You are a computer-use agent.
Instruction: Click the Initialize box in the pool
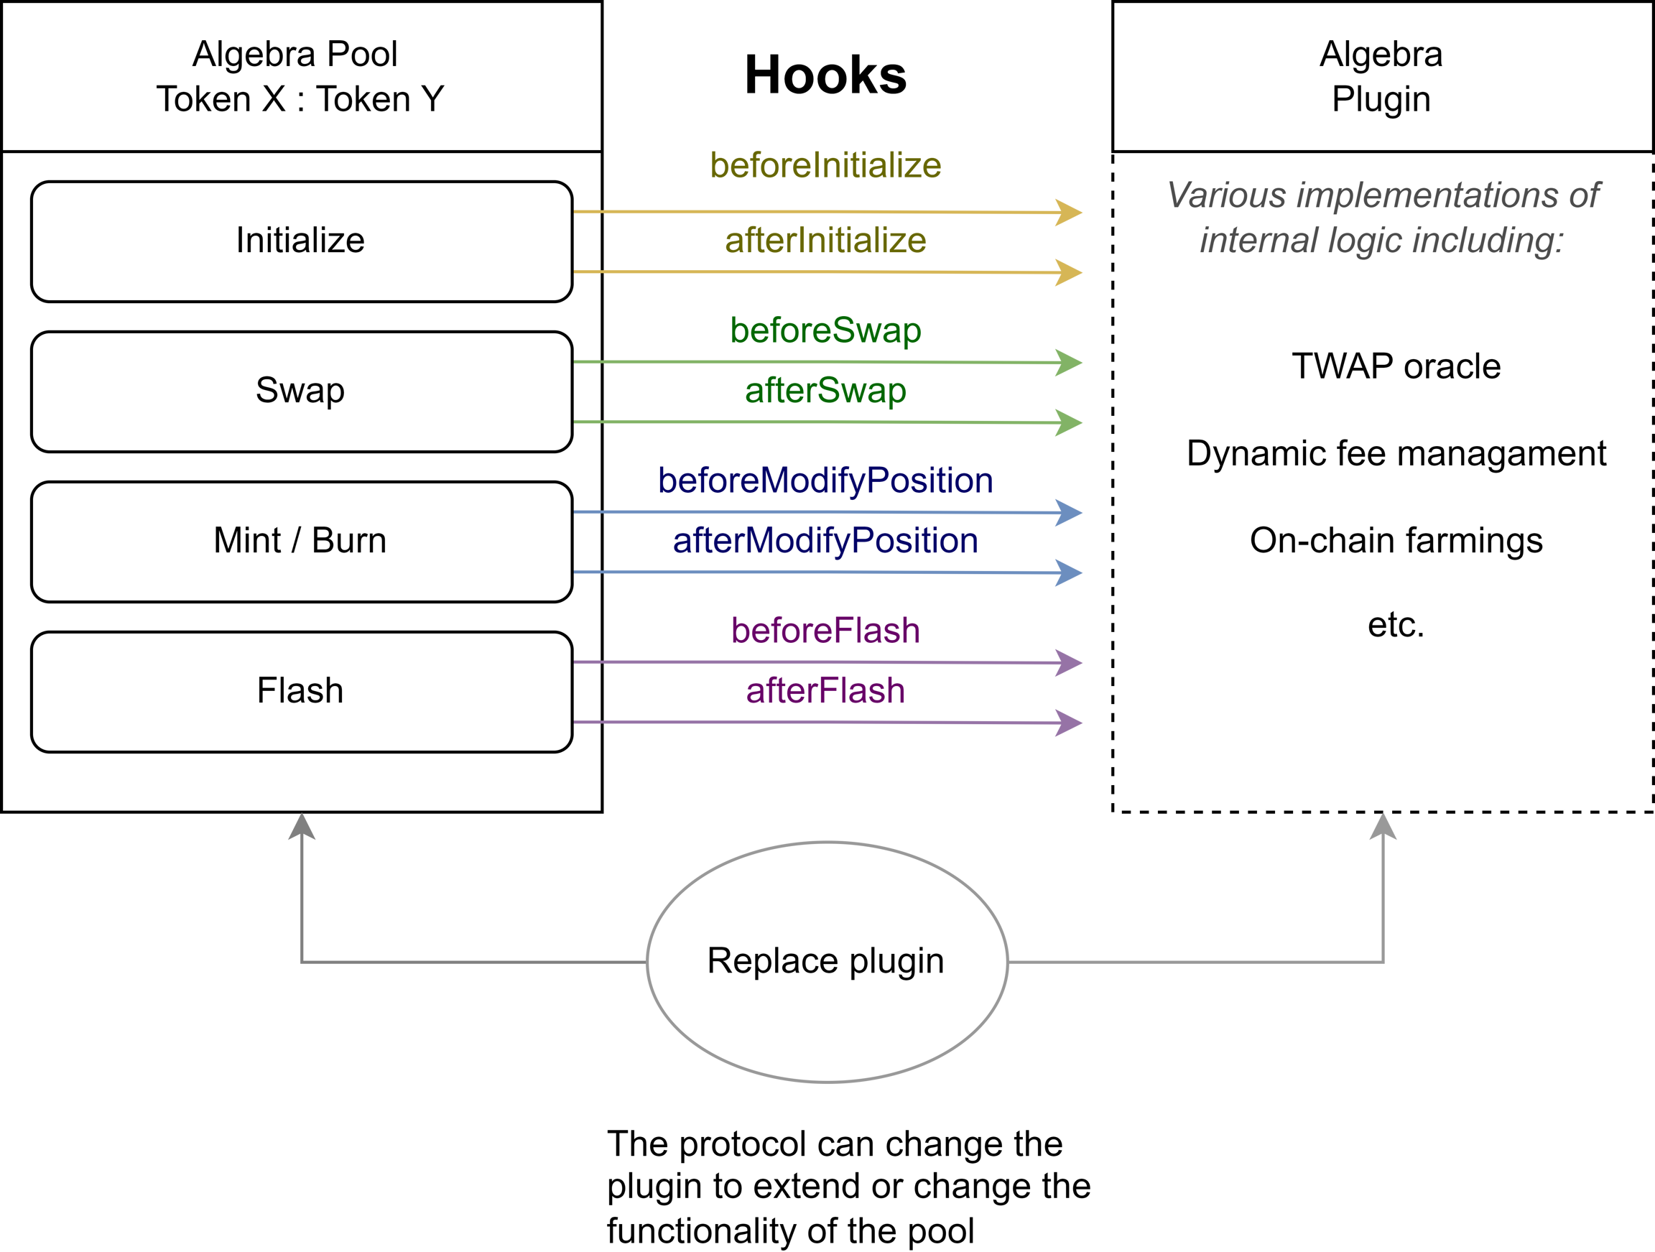click(x=301, y=241)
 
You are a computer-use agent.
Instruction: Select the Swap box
click(x=301, y=391)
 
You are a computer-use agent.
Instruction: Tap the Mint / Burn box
click(x=301, y=541)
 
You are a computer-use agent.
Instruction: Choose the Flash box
click(x=301, y=691)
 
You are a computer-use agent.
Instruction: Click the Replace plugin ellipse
click(x=826, y=961)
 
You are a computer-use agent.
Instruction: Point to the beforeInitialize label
click(x=825, y=165)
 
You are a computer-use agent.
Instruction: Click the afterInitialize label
click(x=825, y=241)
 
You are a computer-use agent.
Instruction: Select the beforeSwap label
click(x=825, y=330)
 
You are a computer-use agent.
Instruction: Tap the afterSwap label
click(x=825, y=391)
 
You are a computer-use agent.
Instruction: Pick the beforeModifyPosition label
click(x=825, y=481)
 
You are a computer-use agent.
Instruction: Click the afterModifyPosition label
click(x=825, y=541)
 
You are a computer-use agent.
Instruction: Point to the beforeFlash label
click(x=825, y=630)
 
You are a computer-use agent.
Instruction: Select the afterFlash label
click(x=825, y=691)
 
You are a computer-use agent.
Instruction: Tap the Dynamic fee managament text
click(x=1396, y=453)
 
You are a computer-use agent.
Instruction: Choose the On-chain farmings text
click(x=1396, y=540)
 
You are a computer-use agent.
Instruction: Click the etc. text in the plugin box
click(x=1396, y=625)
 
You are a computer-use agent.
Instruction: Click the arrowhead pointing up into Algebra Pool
click(x=302, y=827)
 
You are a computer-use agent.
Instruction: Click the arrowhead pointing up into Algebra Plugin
click(x=1383, y=827)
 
